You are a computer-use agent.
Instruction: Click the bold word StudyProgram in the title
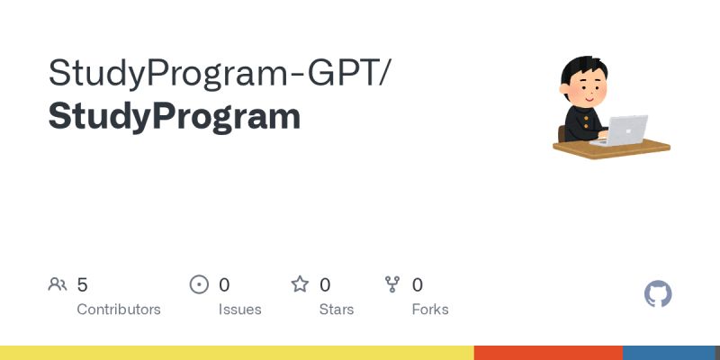click(174, 116)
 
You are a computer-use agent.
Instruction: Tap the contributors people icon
click(58, 284)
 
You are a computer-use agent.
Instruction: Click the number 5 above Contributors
click(82, 284)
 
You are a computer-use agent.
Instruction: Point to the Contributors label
click(119, 309)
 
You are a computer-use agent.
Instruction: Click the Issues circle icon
click(199, 284)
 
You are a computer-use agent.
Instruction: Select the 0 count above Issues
click(224, 284)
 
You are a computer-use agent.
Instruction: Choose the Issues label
click(239, 309)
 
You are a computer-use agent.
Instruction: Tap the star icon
click(300, 284)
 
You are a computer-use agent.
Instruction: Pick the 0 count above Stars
click(325, 284)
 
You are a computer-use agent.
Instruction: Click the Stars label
click(337, 309)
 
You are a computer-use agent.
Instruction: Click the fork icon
click(392, 284)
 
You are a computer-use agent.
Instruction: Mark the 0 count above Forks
click(418, 284)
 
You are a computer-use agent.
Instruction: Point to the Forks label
click(430, 309)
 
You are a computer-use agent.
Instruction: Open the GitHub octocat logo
click(659, 294)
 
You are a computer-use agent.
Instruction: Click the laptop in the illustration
click(625, 129)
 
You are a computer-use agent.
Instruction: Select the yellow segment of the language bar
click(237, 353)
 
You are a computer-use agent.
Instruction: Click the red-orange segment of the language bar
click(548, 353)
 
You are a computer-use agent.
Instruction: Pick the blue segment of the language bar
click(671, 353)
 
